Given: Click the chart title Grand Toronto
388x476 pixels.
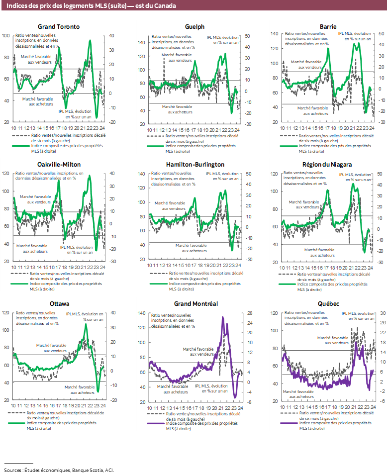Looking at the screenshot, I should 59,26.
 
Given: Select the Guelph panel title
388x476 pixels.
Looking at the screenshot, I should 194,26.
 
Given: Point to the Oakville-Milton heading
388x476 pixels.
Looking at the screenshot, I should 59,164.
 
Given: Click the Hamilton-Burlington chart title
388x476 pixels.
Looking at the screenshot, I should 194,164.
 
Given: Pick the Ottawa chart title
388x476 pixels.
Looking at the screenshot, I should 59,303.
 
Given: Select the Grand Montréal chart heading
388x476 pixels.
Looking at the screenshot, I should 194,303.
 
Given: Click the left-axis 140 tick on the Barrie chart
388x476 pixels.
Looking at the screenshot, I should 274,34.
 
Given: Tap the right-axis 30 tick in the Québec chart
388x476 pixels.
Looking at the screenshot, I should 383,313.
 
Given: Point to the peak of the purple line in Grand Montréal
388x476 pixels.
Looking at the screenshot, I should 223,317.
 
